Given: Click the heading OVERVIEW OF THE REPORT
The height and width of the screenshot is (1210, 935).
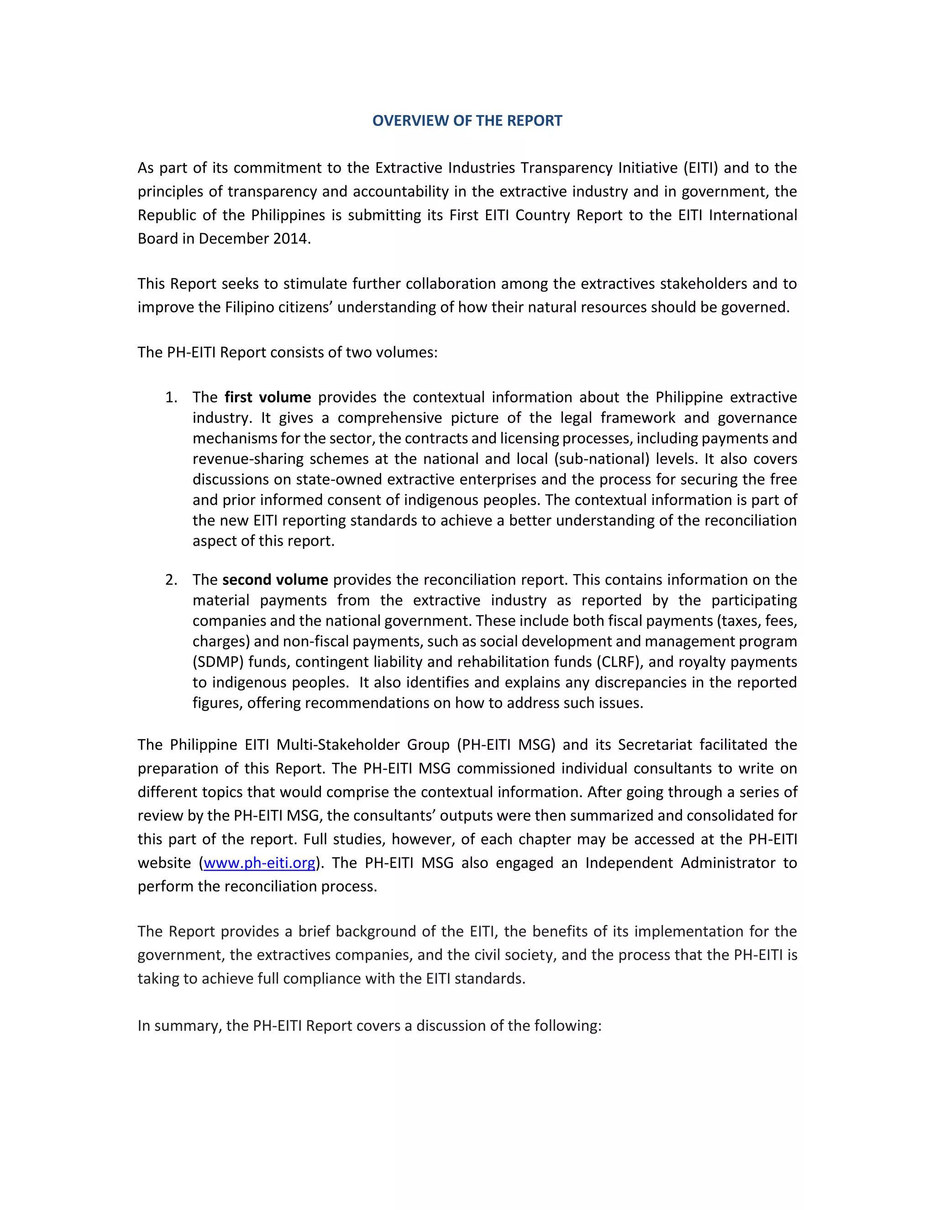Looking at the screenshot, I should point(467,121).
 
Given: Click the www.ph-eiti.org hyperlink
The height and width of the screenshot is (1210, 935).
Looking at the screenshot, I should point(259,863).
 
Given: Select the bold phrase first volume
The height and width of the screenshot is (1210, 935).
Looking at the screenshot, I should point(268,397).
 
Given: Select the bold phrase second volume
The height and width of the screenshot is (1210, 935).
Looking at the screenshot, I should point(275,579).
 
